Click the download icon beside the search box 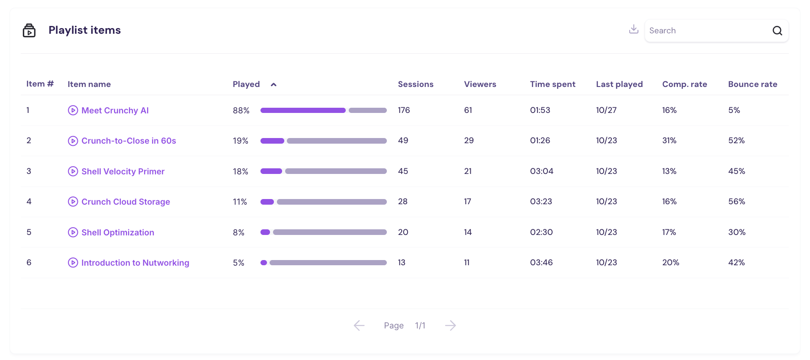(x=633, y=29)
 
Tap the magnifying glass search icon (x=777, y=31)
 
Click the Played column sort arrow (x=273, y=85)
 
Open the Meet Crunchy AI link (x=115, y=110)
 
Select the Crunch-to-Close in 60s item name (x=129, y=141)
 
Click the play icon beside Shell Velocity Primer (x=73, y=171)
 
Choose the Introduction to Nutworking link (x=135, y=263)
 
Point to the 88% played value (x=241, y=110)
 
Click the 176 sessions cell (x=404, y=110)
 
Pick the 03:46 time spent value (x=541, y=263)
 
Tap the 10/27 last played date (x=606, y=110)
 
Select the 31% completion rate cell (x=669, y=141)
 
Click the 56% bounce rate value (x=736, y=202)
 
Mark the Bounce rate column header (x=752, y=84)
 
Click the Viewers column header (x=480, y=84)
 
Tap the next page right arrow (x=450, y=325)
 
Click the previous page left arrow (x=359, y=325)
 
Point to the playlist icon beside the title (x=29, y=30)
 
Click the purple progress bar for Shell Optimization (x=265, y=232)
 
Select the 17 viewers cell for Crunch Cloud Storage (x=467, y=202)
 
